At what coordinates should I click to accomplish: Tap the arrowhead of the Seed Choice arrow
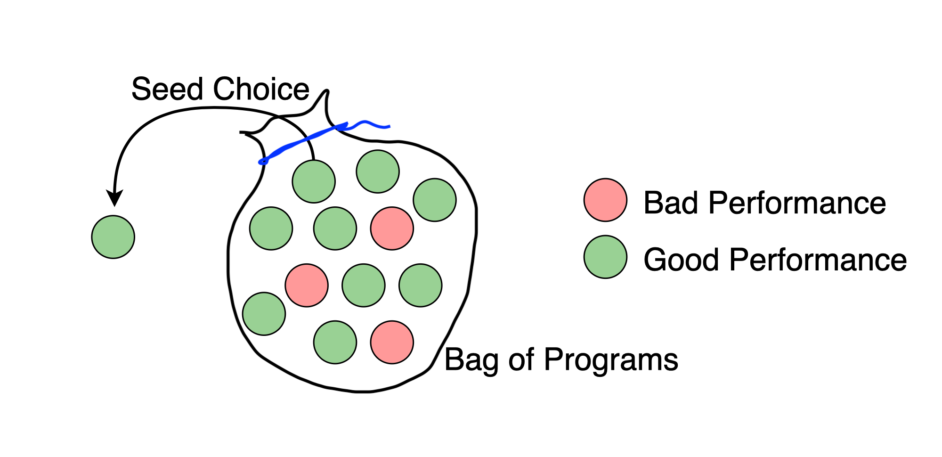tap(114, 198)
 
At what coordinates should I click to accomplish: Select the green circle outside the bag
tap(113, 237)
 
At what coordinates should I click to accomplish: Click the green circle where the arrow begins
tap(314, 181)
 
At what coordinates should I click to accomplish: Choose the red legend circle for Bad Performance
tap(605, 200)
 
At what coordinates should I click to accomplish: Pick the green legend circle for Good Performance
tap(605, 257)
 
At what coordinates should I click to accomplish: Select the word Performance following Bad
tap(797, 203)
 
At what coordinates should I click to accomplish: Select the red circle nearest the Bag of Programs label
tap(392, 343)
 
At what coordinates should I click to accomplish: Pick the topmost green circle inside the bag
tap(378, 171)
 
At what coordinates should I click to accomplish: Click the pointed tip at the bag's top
tap(326, 91)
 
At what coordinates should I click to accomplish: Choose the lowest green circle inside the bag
tap(335, 343)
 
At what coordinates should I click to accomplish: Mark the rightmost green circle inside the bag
tap(435, 200)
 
